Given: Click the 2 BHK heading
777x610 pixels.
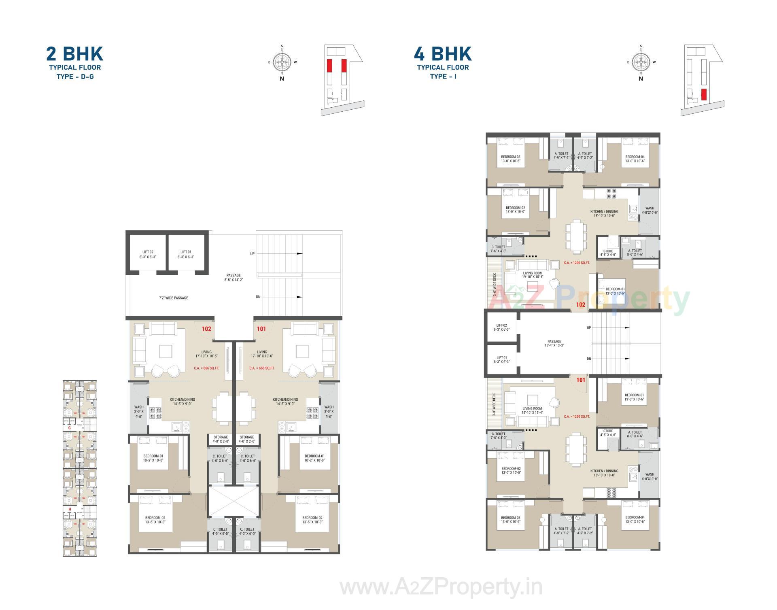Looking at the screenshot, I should [x=74, y=54].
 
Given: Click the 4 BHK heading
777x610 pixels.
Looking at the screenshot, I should [x=443, y=54].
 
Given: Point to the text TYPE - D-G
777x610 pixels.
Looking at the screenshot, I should [x=75, y=77].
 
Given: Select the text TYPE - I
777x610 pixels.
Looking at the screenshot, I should [x=443, y=77].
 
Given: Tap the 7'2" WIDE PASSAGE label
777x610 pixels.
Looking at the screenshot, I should [x=173, y=298].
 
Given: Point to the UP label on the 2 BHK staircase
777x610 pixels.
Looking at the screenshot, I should [x=252, y=254].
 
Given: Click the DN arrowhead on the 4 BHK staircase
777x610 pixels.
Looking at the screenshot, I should [x=627, y=359].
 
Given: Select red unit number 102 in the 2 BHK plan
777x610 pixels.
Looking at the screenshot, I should [x=206, y=329].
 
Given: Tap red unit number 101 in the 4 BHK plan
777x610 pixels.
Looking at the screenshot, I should [x=581, y=380].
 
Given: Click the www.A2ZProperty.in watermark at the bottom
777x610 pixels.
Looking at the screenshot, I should [x=441, y=587].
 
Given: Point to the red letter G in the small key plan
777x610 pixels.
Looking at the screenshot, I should [x=69, y=427].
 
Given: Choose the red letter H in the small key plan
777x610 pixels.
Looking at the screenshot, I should [x=70, y=509].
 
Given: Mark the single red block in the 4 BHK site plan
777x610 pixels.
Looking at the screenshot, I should [x=704, y=94].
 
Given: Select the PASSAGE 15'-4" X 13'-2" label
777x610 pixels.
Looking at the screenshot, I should [x=554, y=343].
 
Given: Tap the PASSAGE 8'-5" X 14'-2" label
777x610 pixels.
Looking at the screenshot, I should [x=234, y=277].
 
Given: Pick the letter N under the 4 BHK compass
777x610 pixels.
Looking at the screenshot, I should [x=641, y=79].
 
